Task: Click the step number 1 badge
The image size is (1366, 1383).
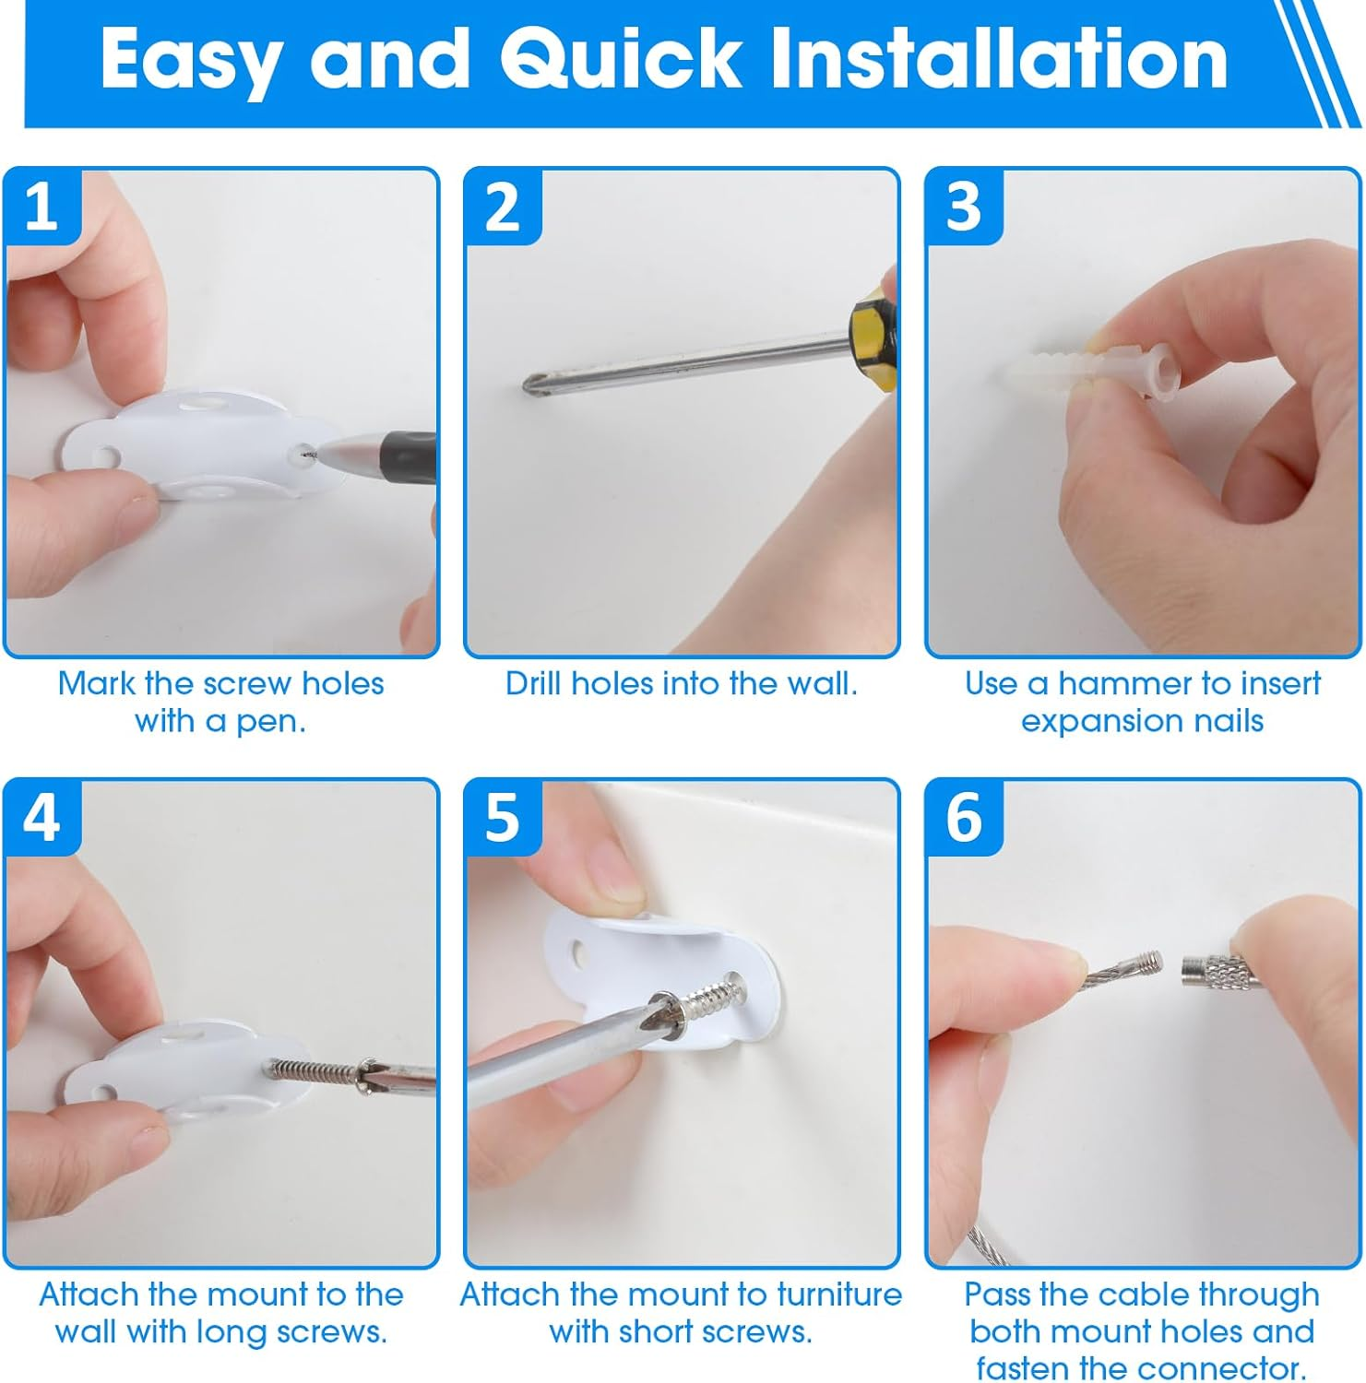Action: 42,207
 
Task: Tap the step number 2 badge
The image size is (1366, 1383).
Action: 503,207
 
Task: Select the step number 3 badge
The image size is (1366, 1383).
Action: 964,207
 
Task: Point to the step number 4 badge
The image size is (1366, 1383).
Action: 42,818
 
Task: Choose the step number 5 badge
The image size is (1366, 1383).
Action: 503,818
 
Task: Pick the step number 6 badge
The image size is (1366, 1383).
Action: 964,818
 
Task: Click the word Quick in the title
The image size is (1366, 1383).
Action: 619,59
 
